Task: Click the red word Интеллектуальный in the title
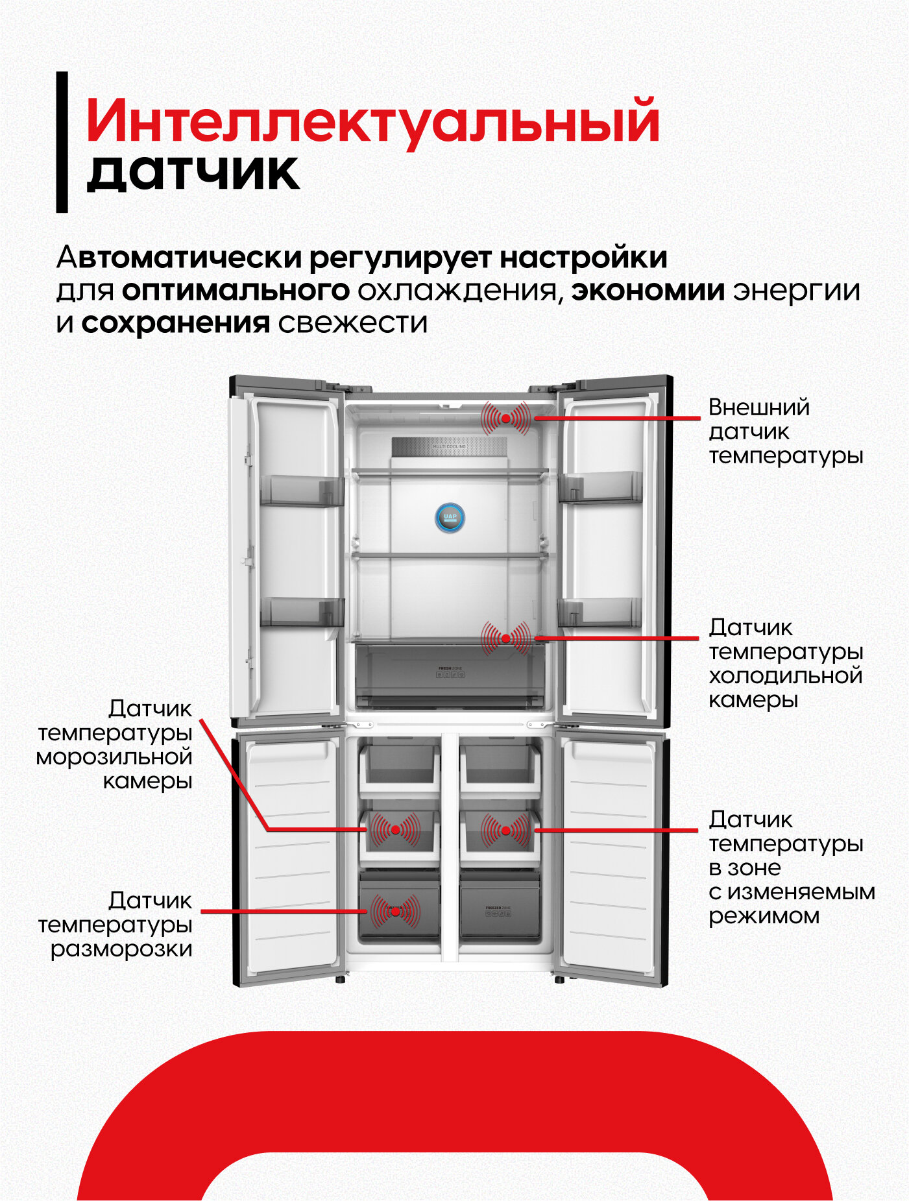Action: point(372,122)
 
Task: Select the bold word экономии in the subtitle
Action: point(648,290)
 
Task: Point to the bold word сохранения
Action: point(175,322)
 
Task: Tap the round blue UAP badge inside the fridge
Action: point(450,517)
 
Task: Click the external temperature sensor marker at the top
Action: point(505,419)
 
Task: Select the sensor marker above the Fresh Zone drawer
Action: point(505,638)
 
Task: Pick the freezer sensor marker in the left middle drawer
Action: point(395,830)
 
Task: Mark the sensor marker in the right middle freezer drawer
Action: point(505,830)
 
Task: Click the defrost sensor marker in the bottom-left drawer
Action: point(395,911)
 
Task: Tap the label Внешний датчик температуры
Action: point(784,431)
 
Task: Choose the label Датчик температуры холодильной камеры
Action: point(784,663)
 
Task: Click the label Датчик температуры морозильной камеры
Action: point(115,744)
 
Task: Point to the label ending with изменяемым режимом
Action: point(791,867)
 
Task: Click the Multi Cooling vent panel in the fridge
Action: point(449,447)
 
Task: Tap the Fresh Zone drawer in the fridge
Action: point(450,675)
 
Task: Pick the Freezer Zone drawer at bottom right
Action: point(499,908)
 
